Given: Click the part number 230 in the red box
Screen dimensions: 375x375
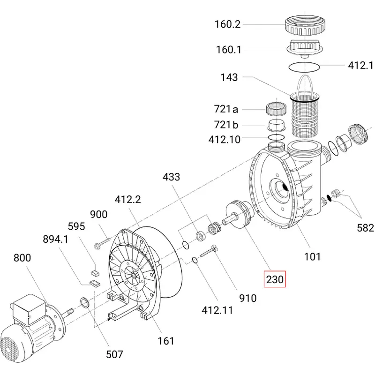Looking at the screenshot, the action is [275, 279].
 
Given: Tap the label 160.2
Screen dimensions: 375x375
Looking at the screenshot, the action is [227, 24].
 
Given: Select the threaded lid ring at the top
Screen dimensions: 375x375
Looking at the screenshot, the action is [306, 25].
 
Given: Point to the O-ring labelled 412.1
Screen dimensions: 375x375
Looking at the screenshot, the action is [304, 67].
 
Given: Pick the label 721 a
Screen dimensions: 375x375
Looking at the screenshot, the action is [226, 109].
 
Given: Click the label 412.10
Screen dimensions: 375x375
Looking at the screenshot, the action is [225, 139].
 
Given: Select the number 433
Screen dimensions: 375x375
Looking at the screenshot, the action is [171, 177].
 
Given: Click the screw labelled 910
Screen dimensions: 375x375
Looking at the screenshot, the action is [209, 252].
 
